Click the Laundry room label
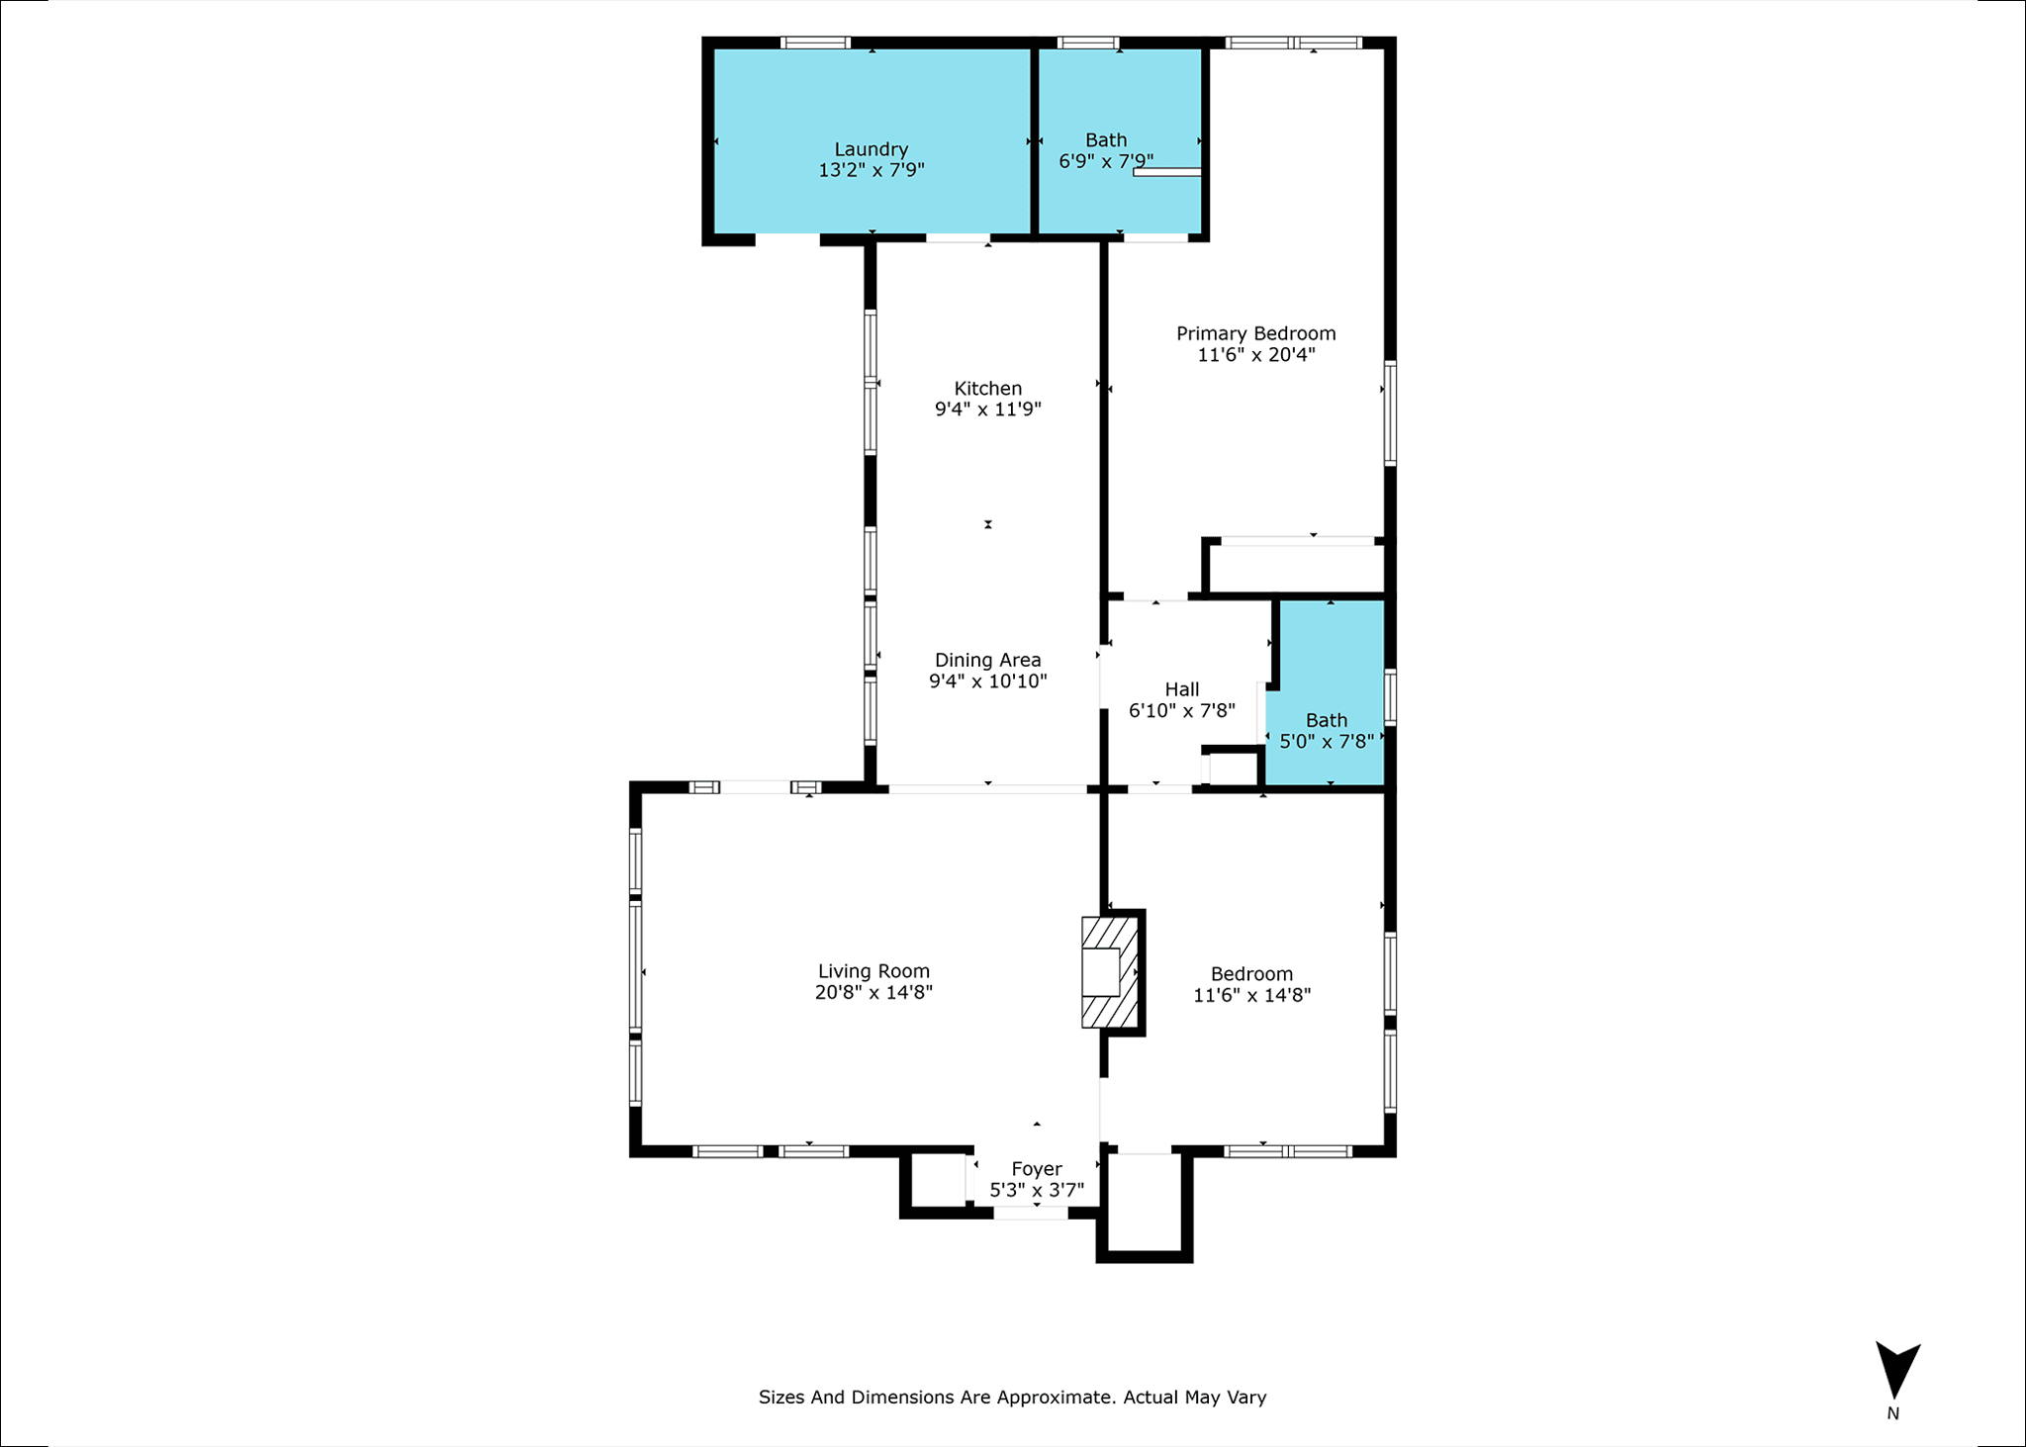pyautogui.click(x=871, y=149)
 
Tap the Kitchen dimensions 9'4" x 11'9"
pyautogui.click(x=988, y=409)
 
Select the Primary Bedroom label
pyautogui.click(x=1256, y=334)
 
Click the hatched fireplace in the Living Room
pyautogui.click(x=1109, y=972)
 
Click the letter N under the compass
pyautogui.click(x=1892, y=1414)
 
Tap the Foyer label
pyautogui.click(x=1037, y=1170)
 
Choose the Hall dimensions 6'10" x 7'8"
pyautogui.click(x=1182, y=710)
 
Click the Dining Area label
pyautogui.click(x=988, y=660)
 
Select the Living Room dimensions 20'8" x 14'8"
pyautogui.click(x=874, y=992)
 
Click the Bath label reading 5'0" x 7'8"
pyautogui.click(x=1327, y=731)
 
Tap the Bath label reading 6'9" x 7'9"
pyautogui.click(x=1106, y=150)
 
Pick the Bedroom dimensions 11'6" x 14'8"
pyautogui.click(x=1252, y=995)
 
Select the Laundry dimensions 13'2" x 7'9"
pyautogui.click(x=872, y=170)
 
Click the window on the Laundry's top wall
pyautogui.click(x=815, y=43)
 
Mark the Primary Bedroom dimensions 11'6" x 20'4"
pyautogui.click(x=1256, y=355)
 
